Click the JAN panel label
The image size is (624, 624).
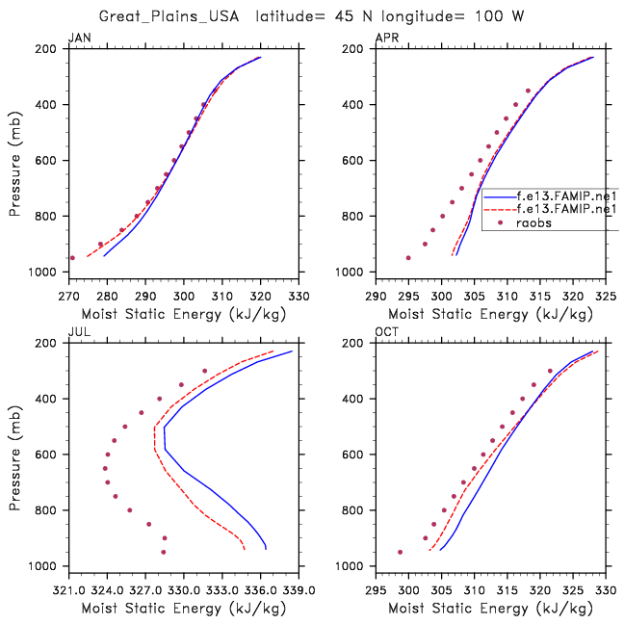coord(77,39)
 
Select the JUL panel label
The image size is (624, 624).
coord(77,333)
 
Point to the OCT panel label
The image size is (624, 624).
coord(385,333)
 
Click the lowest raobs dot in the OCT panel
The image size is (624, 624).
coord(401,552)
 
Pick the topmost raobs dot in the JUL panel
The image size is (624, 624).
coord(204,371)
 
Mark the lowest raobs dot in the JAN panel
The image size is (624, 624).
coord(72,258)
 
